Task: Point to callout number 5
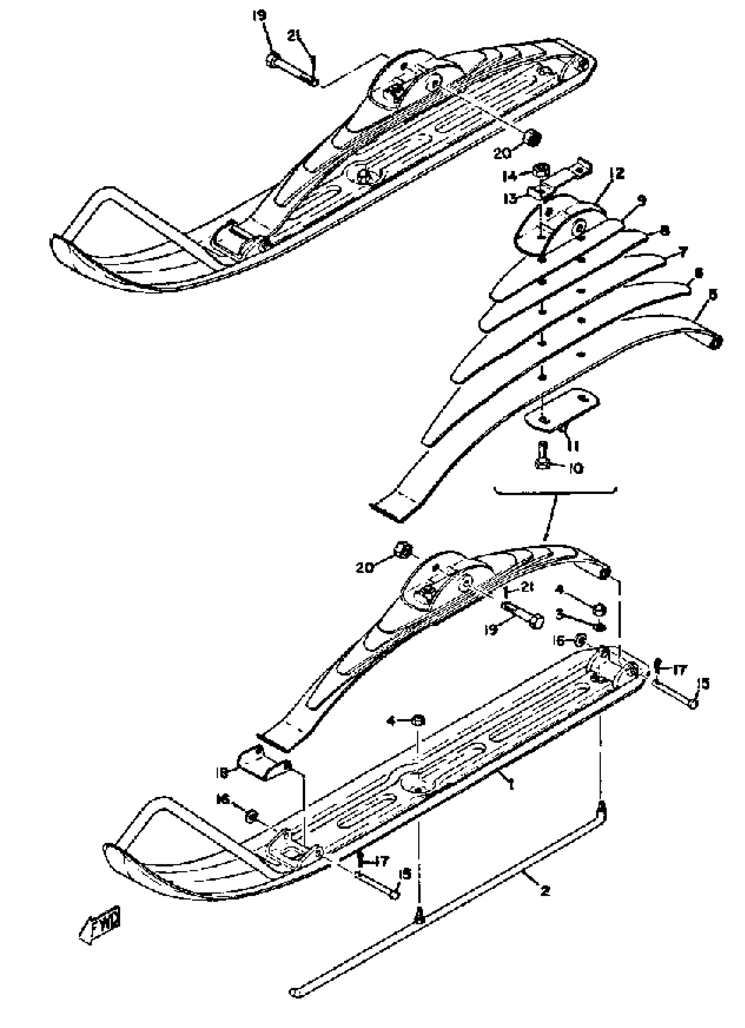click(x=713, y=295)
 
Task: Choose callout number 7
click(x=682, y=250)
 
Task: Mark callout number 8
click(x=664, y=230)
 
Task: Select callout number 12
click(x=617, y=173)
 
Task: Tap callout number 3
click(x=560, y=614)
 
